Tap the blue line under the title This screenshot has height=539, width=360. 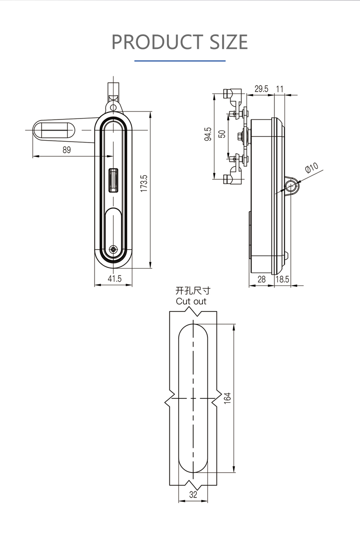(180, 61)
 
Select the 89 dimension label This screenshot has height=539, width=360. (66, 150)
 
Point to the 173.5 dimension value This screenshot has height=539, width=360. (144, 183)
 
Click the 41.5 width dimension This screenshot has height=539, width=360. (114, 278)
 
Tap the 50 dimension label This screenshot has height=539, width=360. (222, 134)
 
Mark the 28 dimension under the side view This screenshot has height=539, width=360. (262, 279)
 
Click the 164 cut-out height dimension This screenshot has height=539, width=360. (228, 398)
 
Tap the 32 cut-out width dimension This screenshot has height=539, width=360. (193, 495)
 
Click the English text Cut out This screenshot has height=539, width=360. (191, 301)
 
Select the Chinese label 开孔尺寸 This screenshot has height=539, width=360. (192, 291)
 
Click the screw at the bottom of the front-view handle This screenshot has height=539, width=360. (113, 249)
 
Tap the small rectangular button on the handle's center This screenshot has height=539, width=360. (114, 180)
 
